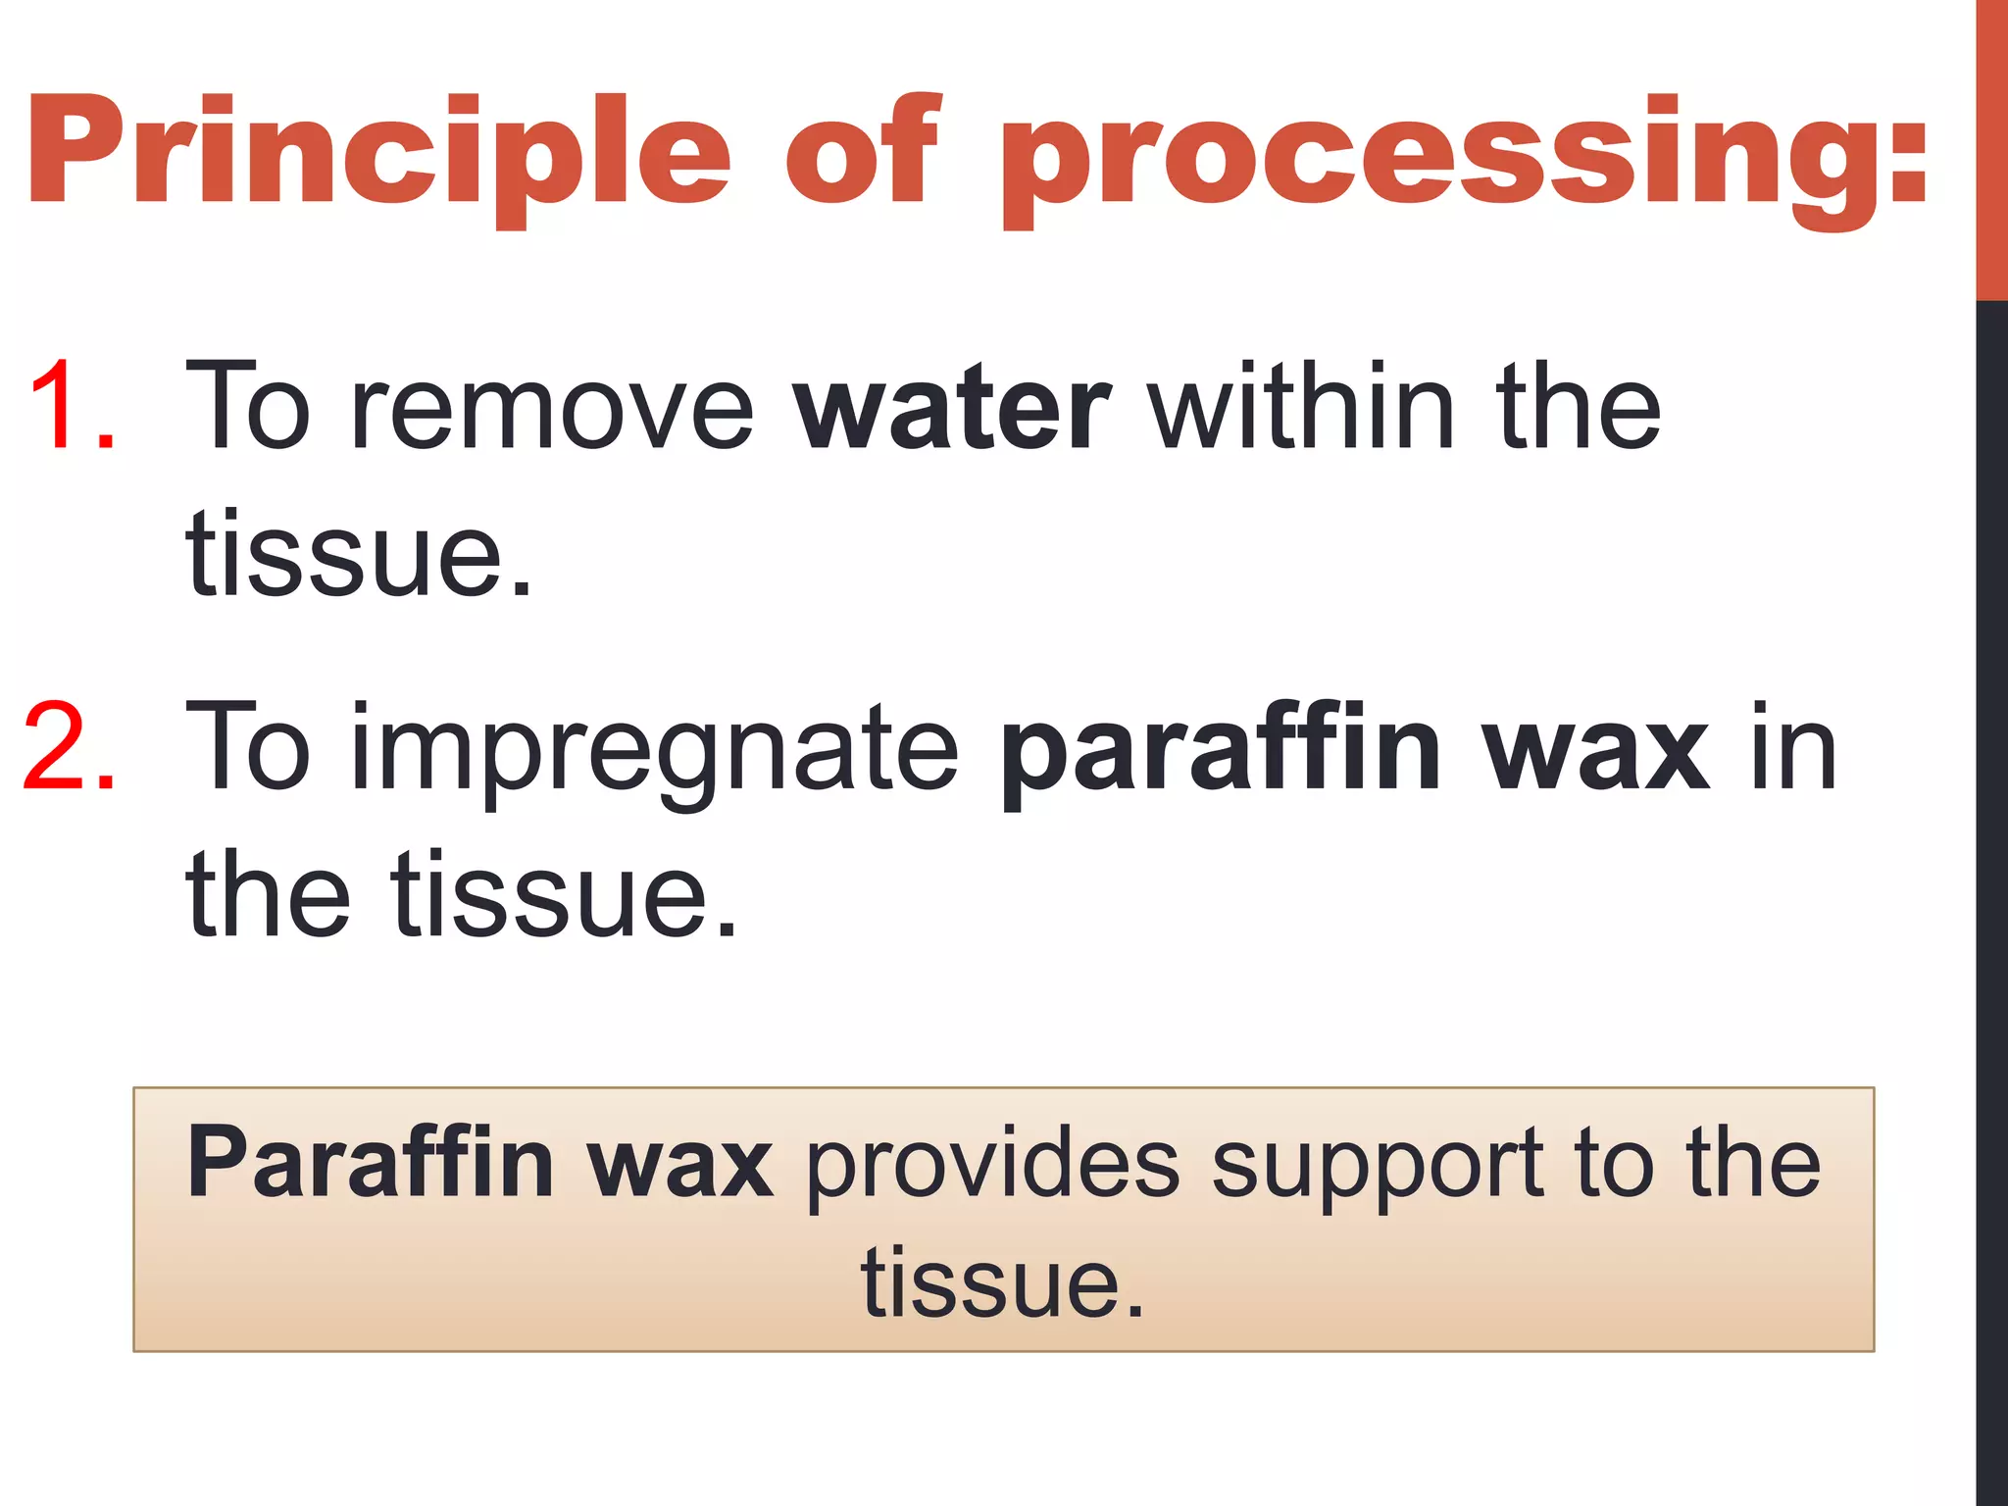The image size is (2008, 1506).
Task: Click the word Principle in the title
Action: (378, 152)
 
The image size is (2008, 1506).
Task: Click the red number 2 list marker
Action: (69, 747)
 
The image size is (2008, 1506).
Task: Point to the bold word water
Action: (951, 408)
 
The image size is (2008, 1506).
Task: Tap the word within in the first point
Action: (1303, 406)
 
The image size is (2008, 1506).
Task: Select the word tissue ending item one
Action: (359, 553)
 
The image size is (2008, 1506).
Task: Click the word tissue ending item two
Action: (563, 894)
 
